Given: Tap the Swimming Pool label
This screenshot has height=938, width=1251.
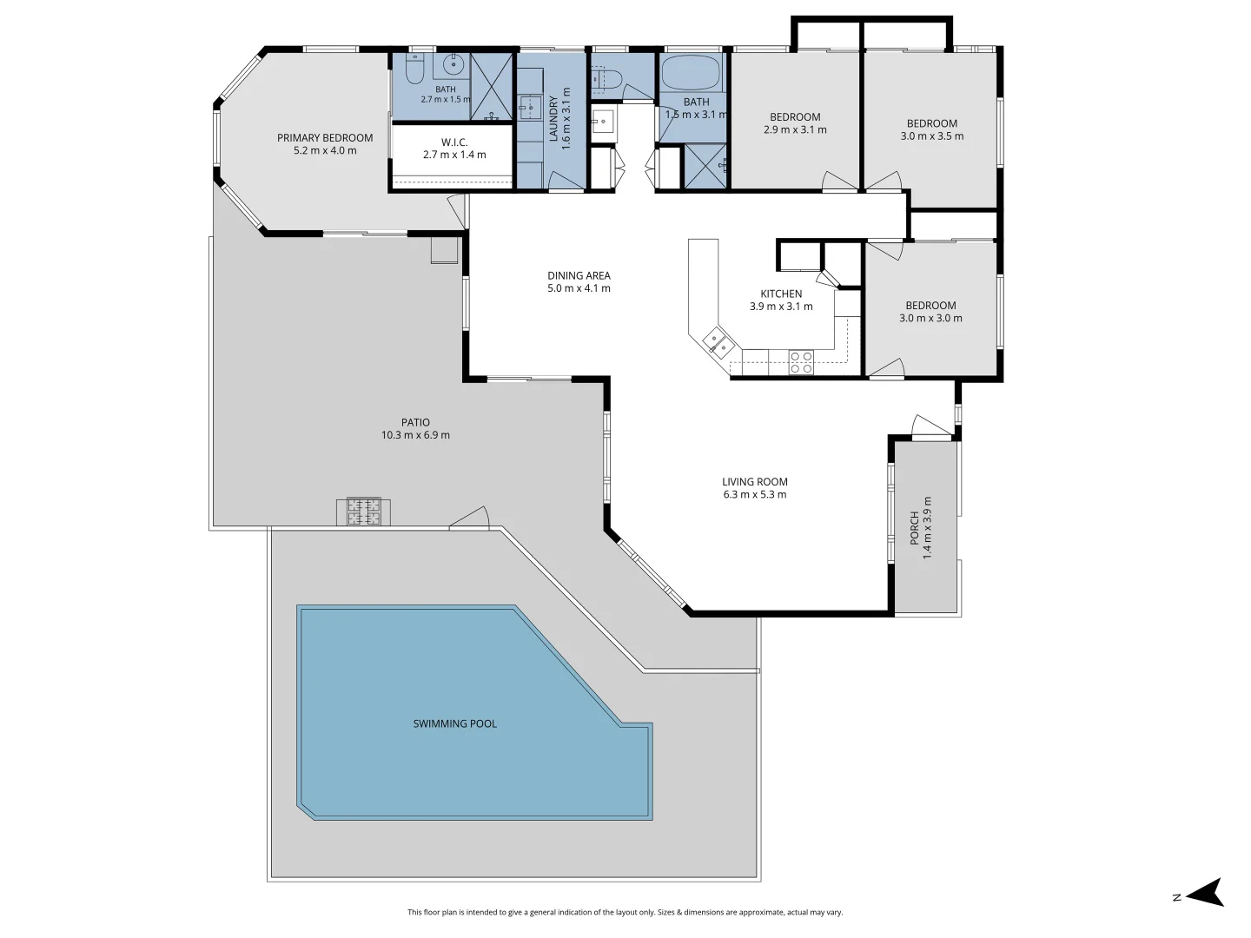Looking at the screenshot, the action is click(455, 723).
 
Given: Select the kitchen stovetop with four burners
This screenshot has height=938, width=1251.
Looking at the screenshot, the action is click(801, 362).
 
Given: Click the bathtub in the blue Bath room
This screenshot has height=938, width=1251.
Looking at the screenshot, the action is click(692, 72).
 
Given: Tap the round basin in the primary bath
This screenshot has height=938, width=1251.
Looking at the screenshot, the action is click(453, 63).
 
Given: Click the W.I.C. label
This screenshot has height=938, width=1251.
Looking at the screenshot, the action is click(454, 142).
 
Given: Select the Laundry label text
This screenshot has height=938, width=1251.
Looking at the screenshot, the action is click(553, 118).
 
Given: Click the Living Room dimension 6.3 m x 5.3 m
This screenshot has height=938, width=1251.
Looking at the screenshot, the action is click(755, 494).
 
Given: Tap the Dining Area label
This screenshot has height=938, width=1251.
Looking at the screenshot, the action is click(579, 275).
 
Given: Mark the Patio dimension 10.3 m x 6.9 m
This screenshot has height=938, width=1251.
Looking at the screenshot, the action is click(415, 435).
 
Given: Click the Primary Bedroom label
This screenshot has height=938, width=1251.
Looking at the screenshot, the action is click(325, 138).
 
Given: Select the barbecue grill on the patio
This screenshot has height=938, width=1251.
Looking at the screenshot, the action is click(364, 512).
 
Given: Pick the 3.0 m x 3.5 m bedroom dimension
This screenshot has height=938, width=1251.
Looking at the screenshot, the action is click(932, 136).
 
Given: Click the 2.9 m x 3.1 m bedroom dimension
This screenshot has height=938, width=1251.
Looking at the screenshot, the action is click(795, 130).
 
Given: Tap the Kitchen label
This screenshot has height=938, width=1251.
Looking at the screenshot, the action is click(781, 294).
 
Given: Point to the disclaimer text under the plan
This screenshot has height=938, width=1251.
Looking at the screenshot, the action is click(625, 912).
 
